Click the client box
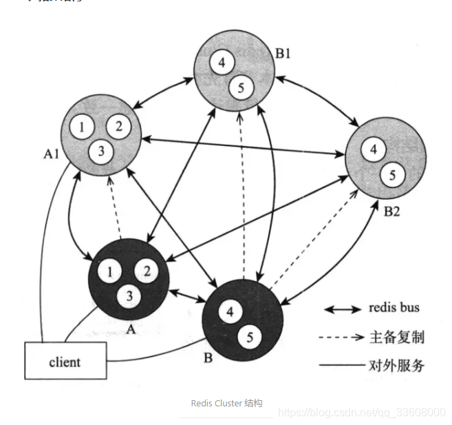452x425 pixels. click(65, 361)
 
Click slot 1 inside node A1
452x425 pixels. click(83, 127)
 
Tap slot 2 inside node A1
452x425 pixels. click(118, 126)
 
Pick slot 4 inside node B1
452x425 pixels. click(221, 63)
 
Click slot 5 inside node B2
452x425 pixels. click(392, 176)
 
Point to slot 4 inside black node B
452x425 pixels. click(230, 311)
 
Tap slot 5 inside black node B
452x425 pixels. click(249, 338)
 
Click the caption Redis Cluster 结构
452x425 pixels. click(226, 403)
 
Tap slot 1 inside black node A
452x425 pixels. click(109, 271)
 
